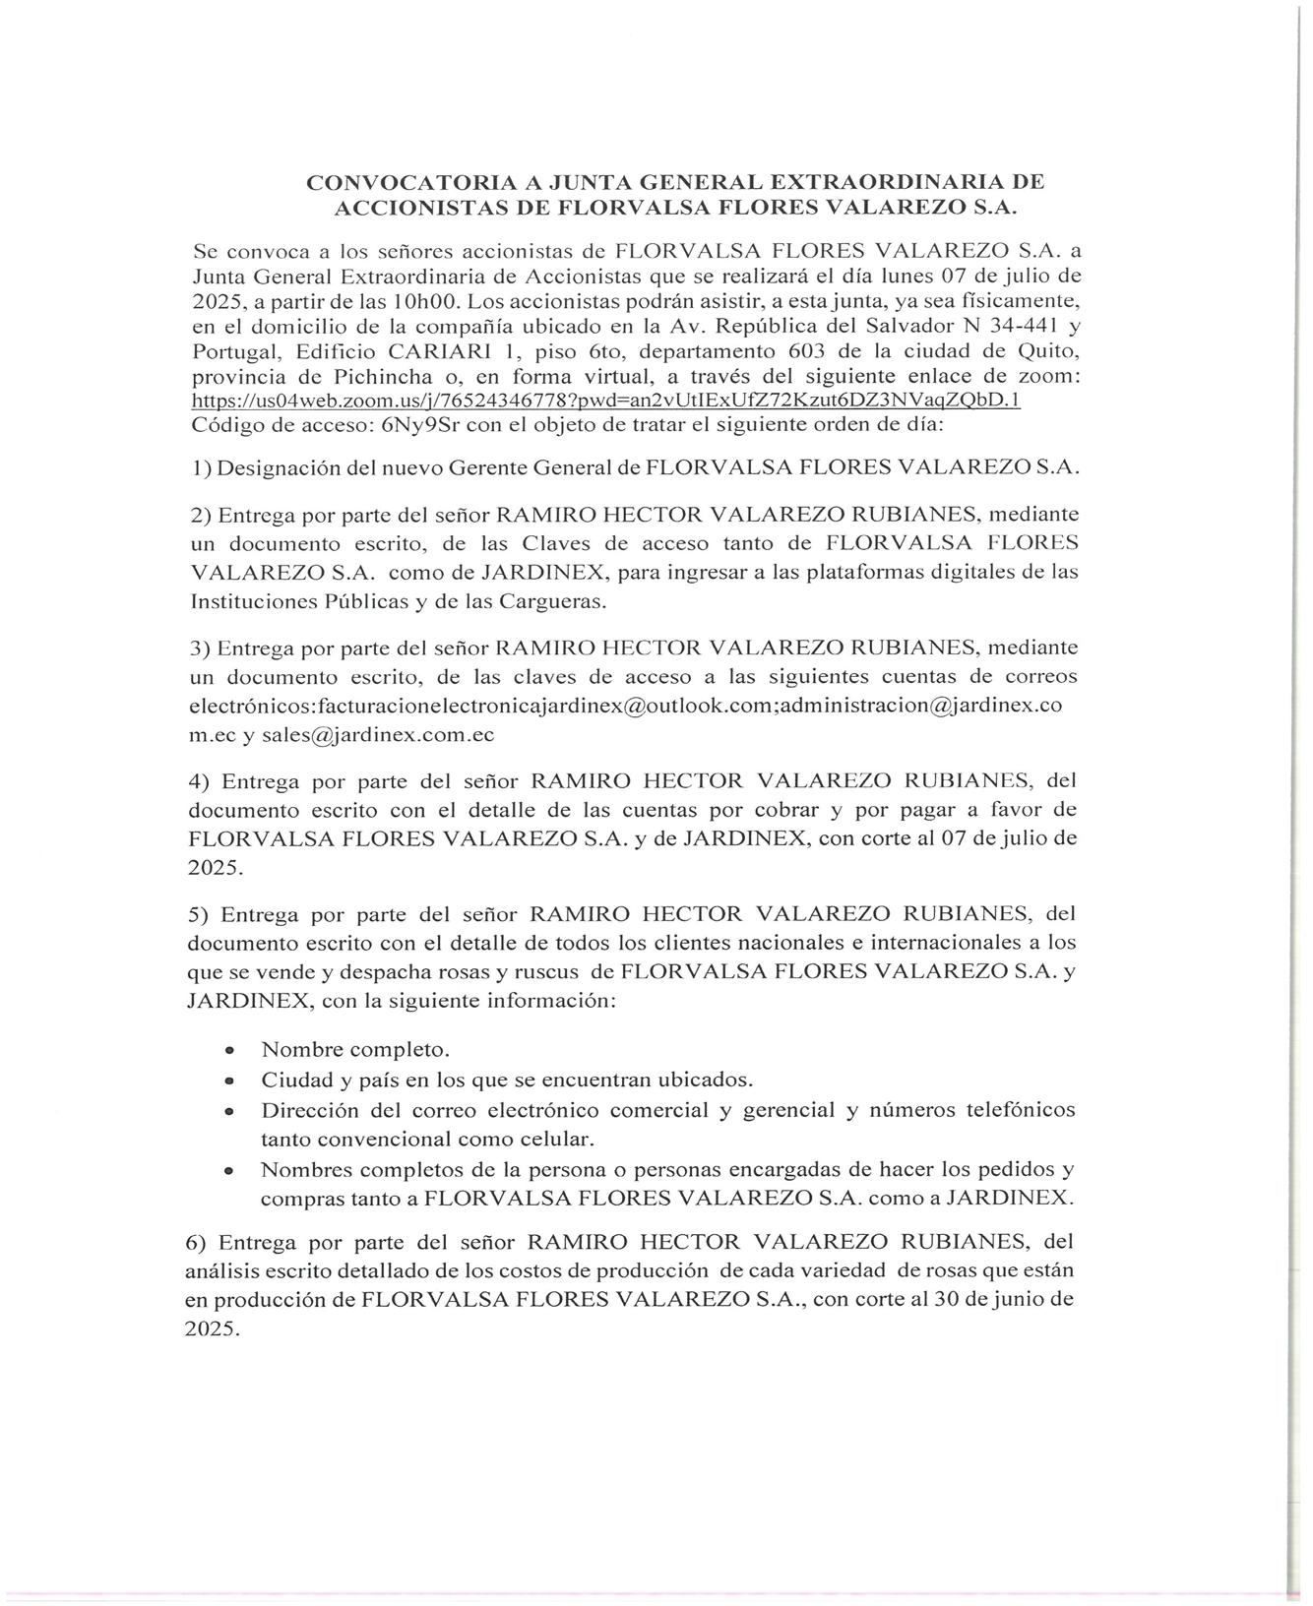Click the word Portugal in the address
tap(227, 351)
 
